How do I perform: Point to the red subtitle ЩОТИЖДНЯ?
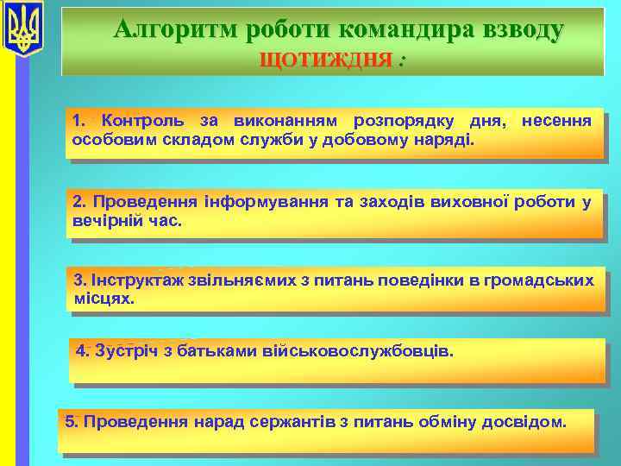click(329, 61)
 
